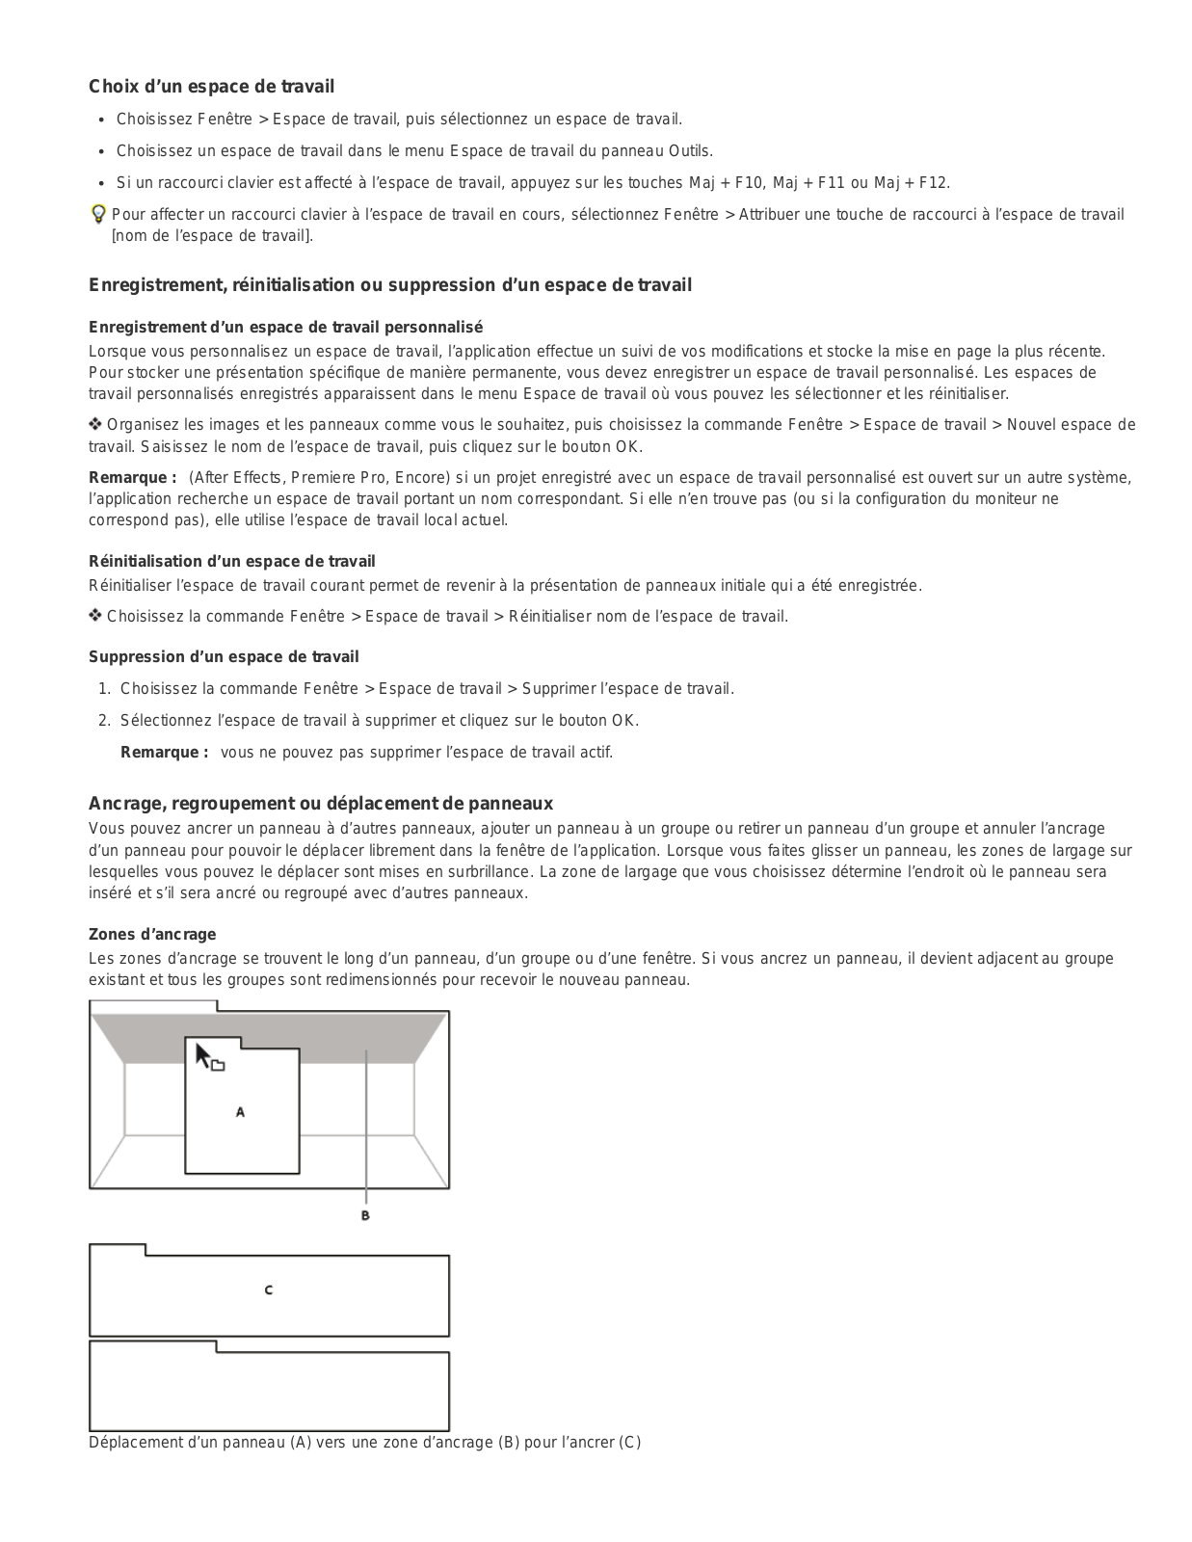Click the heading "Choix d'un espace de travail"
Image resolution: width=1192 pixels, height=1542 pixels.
tap(211, 87)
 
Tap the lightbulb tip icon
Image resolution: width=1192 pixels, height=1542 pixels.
tap(97, 214)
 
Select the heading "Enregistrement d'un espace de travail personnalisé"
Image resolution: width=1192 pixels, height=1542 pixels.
tap(285, 328)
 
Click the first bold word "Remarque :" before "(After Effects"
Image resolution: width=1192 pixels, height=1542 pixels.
tap(132, 478)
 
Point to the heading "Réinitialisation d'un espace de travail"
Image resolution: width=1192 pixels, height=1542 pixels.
tap(231, 561)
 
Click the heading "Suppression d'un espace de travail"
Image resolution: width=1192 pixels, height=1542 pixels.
tap(224, 657)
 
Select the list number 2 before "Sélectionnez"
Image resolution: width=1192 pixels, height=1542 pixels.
tap(104, 720)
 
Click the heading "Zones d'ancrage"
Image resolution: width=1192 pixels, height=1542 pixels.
tap(152, 934)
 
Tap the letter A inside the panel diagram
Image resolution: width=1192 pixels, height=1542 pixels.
tap(240, 1112)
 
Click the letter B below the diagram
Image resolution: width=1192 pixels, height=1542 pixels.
tap(365, 1216)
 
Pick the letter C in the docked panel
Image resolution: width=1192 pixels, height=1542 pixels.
tap(269, 1289)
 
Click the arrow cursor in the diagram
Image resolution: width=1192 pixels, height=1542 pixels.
tap(203, 1055)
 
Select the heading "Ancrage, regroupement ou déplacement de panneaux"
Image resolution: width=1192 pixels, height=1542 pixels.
tap(320, 804)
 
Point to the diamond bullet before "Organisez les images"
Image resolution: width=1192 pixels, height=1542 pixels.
tap(95, 425)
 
